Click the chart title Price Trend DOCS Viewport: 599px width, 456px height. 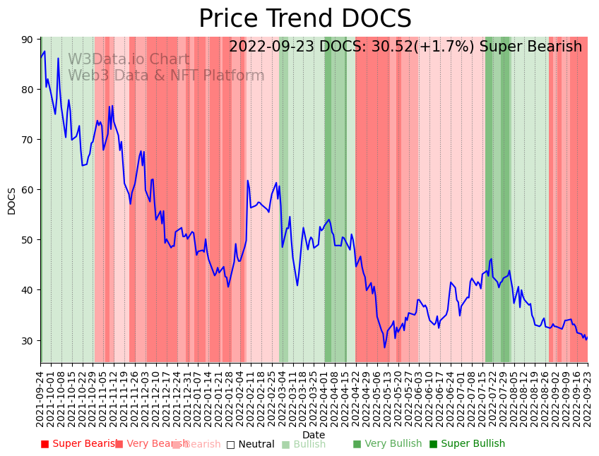click(304, 19)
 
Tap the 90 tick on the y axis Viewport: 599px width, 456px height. click(28, 40)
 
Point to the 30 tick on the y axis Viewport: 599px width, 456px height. click(28, 340)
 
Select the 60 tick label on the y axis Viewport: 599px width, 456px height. click(28, 190)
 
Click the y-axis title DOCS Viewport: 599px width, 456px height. click(11, 200)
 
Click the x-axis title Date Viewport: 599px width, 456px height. click(314, 435)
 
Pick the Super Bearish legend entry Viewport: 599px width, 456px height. click(78, 444)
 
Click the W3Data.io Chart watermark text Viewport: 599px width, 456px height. click(129, 60)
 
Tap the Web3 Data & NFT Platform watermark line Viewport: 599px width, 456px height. click(166, 76)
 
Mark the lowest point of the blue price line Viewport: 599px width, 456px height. click(385, 347)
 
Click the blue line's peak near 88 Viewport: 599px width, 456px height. click(45, 51)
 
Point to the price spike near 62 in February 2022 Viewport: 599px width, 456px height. click(248, 181)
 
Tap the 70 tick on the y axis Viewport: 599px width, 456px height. click(28, 140)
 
